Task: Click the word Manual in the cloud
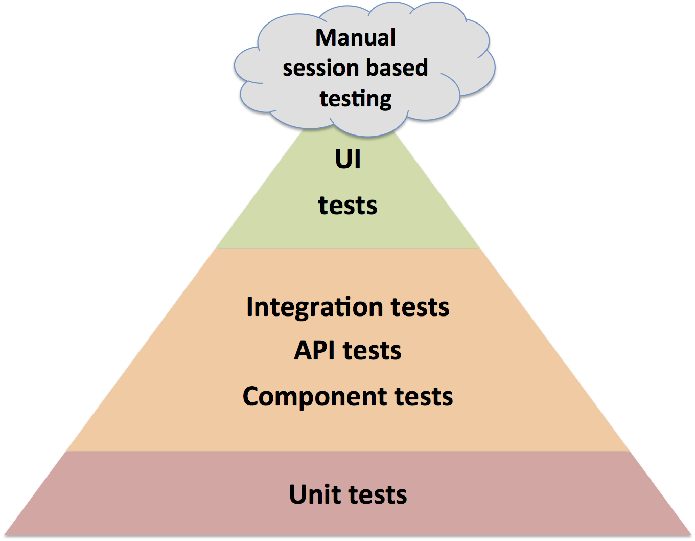coord(355,38)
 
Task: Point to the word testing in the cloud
coord(356,99)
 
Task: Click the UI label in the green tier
coord(347,160)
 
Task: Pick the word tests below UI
coord(347,206)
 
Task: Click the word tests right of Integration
coord(420,307)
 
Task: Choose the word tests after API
coord(372,351)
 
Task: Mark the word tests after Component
coord(424,397)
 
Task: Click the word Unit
coord(315,494)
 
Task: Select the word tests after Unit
coord(378,494)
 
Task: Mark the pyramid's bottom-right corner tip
coord(691,534)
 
